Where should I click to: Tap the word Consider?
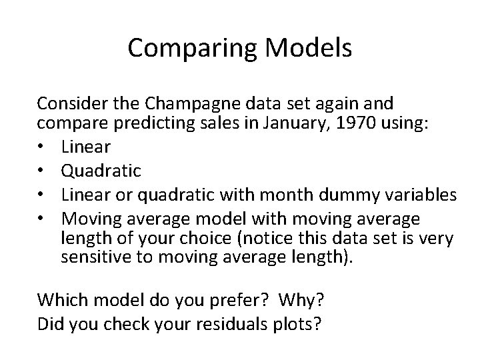[x=67, y=104]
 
